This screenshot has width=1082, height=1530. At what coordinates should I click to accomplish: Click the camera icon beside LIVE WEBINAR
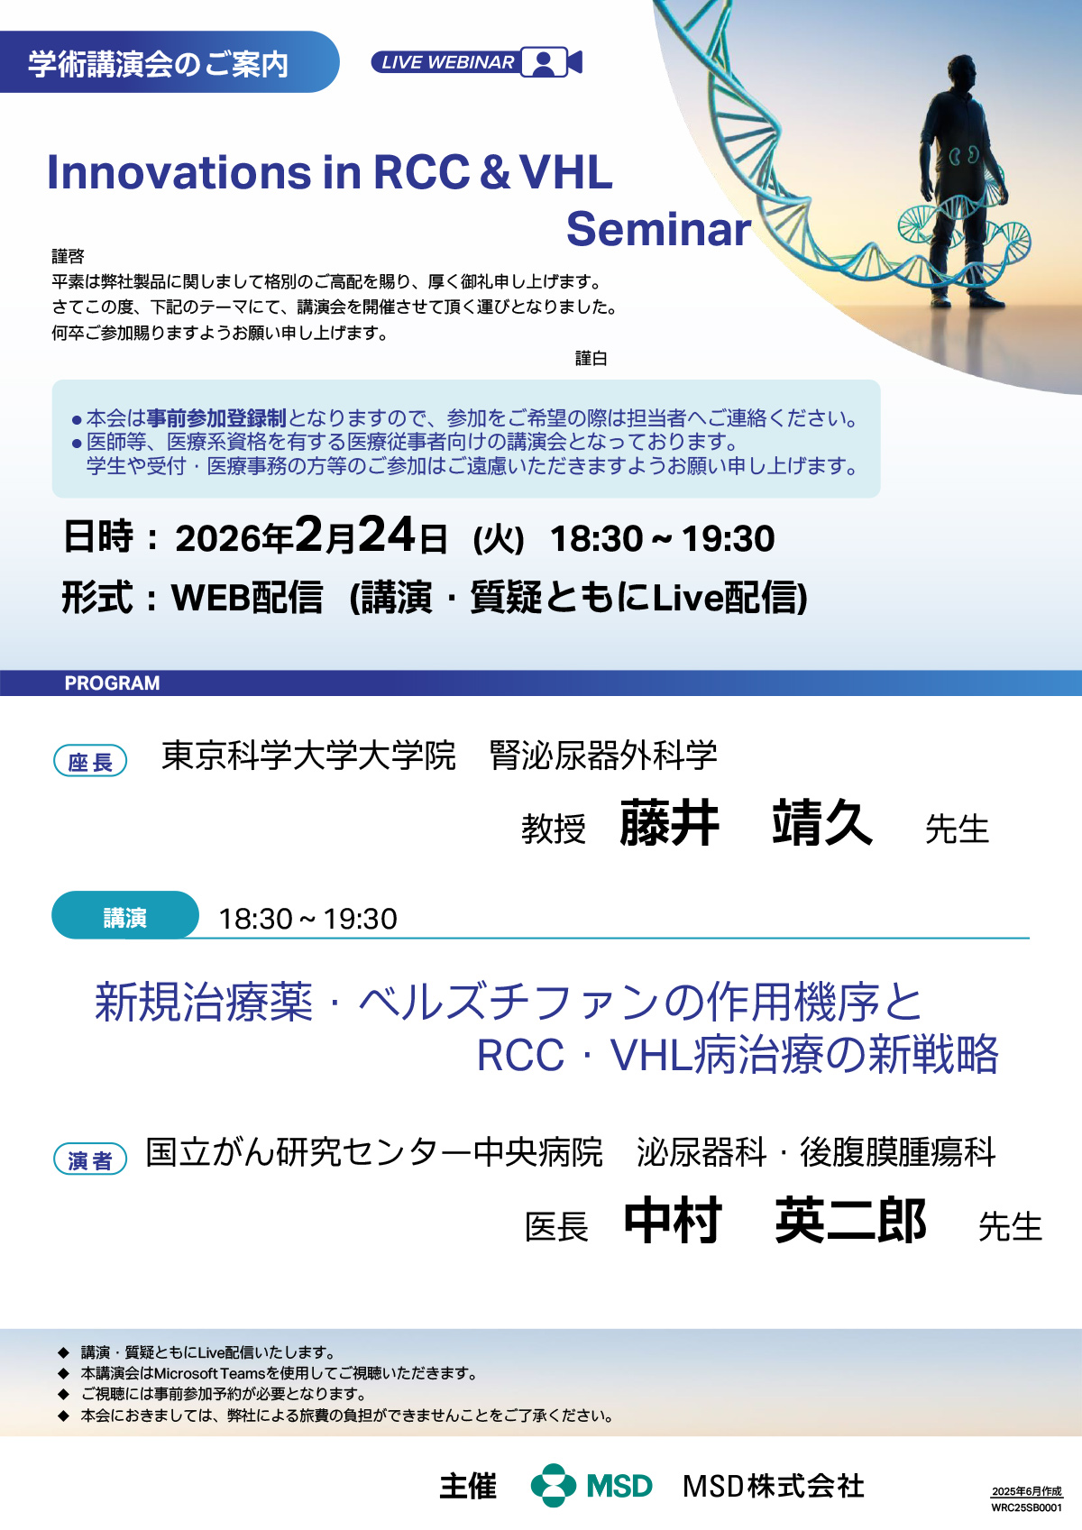click(x=551, y=62)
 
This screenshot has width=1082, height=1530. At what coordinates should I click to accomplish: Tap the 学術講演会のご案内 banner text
click(x=158, y=64)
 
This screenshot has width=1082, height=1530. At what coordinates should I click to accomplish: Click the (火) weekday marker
click(x=498, y=539)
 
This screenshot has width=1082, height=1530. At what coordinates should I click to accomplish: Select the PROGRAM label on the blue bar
click(x=112, y=683)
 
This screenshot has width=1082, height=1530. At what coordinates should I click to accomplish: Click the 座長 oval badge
click(x=90, y=761)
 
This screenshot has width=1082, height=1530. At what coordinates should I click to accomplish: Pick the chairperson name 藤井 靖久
click(x=746, y=822)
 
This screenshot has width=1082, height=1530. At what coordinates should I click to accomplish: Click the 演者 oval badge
click(x=90, y=1159)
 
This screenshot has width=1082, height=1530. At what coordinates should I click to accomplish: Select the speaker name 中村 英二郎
click(x=775, y=1220)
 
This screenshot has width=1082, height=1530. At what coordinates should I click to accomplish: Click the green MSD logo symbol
click(x=554, y=1485)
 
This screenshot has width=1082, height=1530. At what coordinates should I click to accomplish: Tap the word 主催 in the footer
click(x=468, y=1487)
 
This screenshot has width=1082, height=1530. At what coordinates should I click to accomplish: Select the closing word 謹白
click(x=591, y=359)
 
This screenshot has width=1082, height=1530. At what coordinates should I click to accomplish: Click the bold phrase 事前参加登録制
click(x=215, y=418)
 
